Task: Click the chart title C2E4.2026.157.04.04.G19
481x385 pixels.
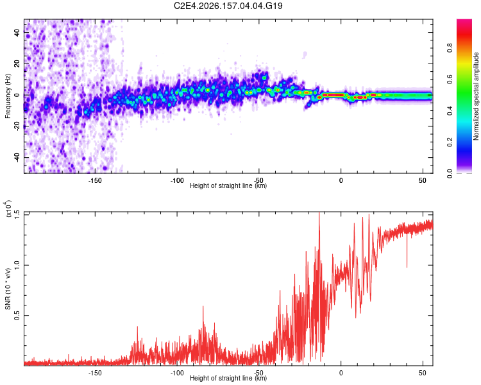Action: [228, 6]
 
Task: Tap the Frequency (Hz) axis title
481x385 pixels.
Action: [8, 96]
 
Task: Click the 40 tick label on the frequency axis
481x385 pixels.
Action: [17, 33]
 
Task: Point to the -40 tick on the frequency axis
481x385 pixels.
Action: [17, 158]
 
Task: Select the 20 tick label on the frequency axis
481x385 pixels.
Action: [17, 64]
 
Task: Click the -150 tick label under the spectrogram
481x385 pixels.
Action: [95, 180]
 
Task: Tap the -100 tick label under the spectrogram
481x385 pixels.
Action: [177, 180]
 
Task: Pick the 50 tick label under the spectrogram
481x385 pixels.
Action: [423, 180]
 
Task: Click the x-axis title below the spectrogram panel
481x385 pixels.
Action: [228, 185]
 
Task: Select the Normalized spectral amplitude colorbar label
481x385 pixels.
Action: [476, 96]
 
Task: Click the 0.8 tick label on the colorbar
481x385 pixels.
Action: [450, 48]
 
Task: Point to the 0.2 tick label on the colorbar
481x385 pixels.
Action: [450, 142]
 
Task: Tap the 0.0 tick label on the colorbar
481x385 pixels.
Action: [450, 173]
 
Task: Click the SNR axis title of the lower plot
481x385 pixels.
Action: [8, 289]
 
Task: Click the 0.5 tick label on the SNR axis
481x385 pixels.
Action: [17, 315]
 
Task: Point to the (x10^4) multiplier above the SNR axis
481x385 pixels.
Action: [8, 209]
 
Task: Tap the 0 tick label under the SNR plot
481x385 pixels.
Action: [341, 373]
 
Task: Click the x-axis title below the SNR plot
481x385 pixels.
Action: [228, 378]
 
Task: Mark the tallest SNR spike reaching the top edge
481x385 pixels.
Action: [319, 213]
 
